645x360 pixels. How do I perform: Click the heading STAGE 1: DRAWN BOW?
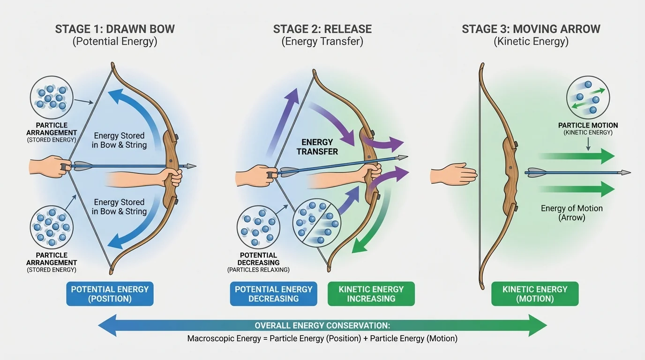tap(115, 29)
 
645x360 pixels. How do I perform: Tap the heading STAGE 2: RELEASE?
tap(322, 29)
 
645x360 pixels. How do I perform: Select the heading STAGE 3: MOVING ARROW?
tap(531, 29)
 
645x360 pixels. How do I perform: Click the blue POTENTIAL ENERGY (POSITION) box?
tap(110, 294)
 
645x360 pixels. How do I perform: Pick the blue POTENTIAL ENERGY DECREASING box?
tap(273, 294)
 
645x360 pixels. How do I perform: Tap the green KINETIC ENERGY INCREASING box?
tap(371, 294)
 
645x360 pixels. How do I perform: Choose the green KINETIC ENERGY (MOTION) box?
tap(535, 294)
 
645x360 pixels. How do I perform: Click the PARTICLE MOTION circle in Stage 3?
tap(588, 98)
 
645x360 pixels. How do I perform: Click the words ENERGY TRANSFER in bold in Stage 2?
tap(317, 147)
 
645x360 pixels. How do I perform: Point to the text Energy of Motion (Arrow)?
tap(571, 213)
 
